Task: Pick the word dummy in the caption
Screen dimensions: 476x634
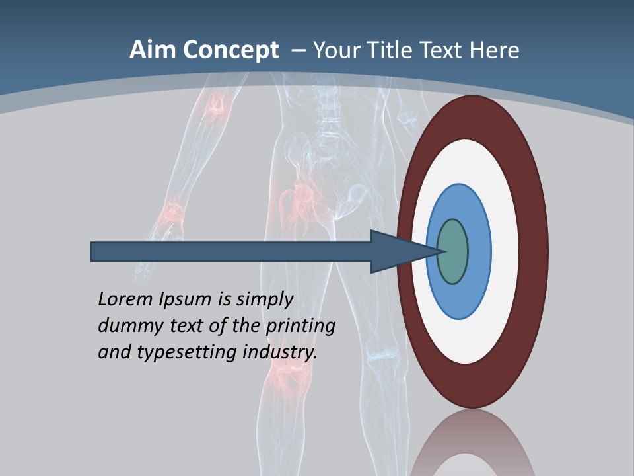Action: [126, 326]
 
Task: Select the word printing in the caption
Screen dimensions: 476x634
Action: [300, 326]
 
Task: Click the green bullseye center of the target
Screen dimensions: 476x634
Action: [453, 251]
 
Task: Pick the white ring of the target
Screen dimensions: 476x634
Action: [505, 251]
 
